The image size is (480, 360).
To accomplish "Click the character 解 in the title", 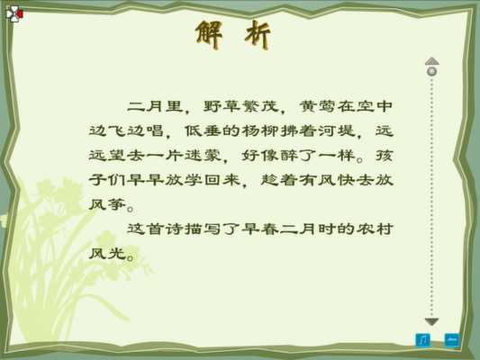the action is click(209, 34).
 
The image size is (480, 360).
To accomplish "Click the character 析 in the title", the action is click(258, 34).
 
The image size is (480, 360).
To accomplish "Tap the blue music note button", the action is click(422, 340).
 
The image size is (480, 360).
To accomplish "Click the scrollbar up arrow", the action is click(431, 61).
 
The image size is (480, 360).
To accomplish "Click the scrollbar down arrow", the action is click(431, 321).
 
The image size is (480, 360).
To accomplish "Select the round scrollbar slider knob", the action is click(431, 72).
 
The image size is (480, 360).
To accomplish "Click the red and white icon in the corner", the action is click(14, 13).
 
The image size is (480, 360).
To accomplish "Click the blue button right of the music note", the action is click(452, 340).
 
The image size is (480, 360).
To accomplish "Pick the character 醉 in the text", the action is click(289, 156).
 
